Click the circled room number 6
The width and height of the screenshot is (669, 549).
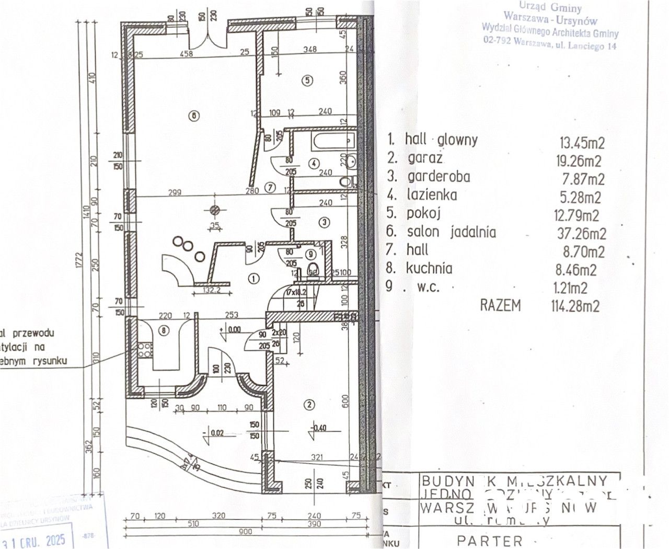194,116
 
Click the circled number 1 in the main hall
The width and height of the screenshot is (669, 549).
253,279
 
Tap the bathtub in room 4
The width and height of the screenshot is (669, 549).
333,141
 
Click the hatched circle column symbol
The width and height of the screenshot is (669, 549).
214,210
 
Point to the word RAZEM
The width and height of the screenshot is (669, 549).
500,305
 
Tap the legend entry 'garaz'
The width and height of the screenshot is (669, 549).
425,158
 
